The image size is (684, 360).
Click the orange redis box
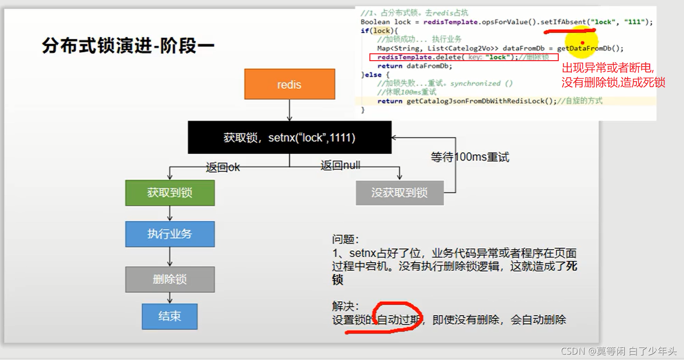289,85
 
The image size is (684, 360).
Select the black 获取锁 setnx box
290,137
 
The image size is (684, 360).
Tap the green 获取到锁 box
170,193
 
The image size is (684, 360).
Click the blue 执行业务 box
170,234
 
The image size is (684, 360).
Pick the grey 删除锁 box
170,279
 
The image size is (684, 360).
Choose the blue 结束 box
170,316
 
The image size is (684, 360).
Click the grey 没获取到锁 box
399,193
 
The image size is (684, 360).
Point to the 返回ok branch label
223,167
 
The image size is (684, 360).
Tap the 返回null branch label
340,165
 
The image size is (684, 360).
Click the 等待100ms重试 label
470,157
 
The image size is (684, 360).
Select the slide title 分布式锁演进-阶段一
128,46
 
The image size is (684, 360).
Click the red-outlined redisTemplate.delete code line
464,57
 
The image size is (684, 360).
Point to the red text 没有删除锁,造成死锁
613,82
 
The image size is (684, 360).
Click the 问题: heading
345,240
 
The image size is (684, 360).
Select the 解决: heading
345,306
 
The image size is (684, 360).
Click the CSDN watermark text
618,351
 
